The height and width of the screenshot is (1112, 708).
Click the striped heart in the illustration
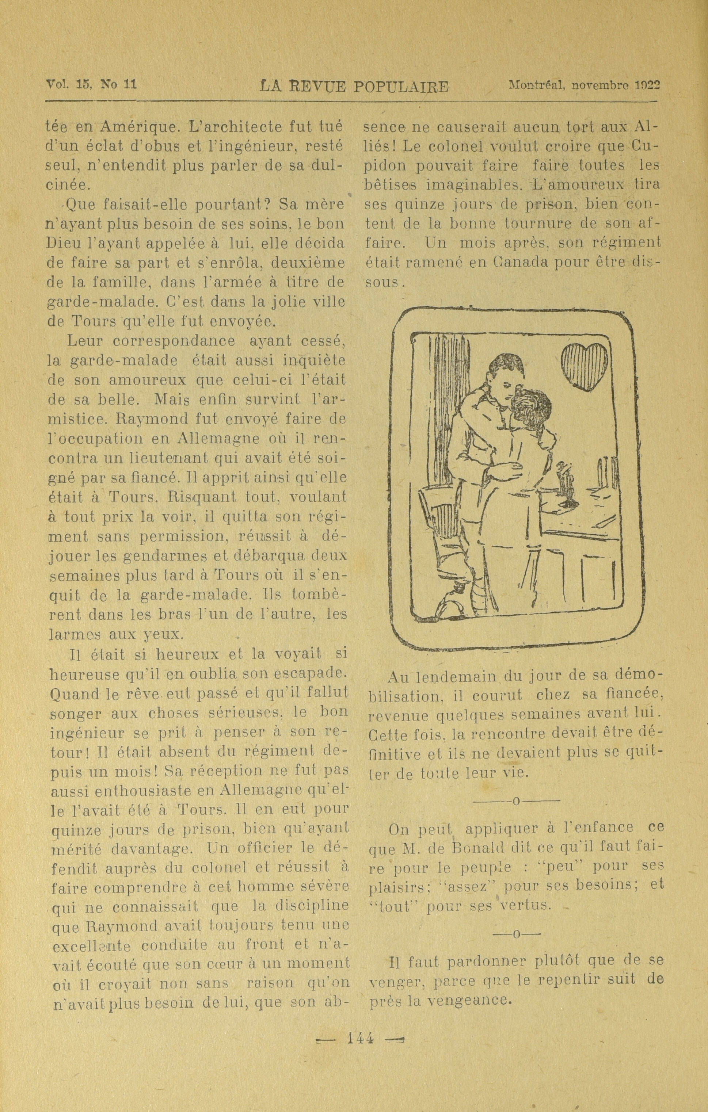pos(584,367)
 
